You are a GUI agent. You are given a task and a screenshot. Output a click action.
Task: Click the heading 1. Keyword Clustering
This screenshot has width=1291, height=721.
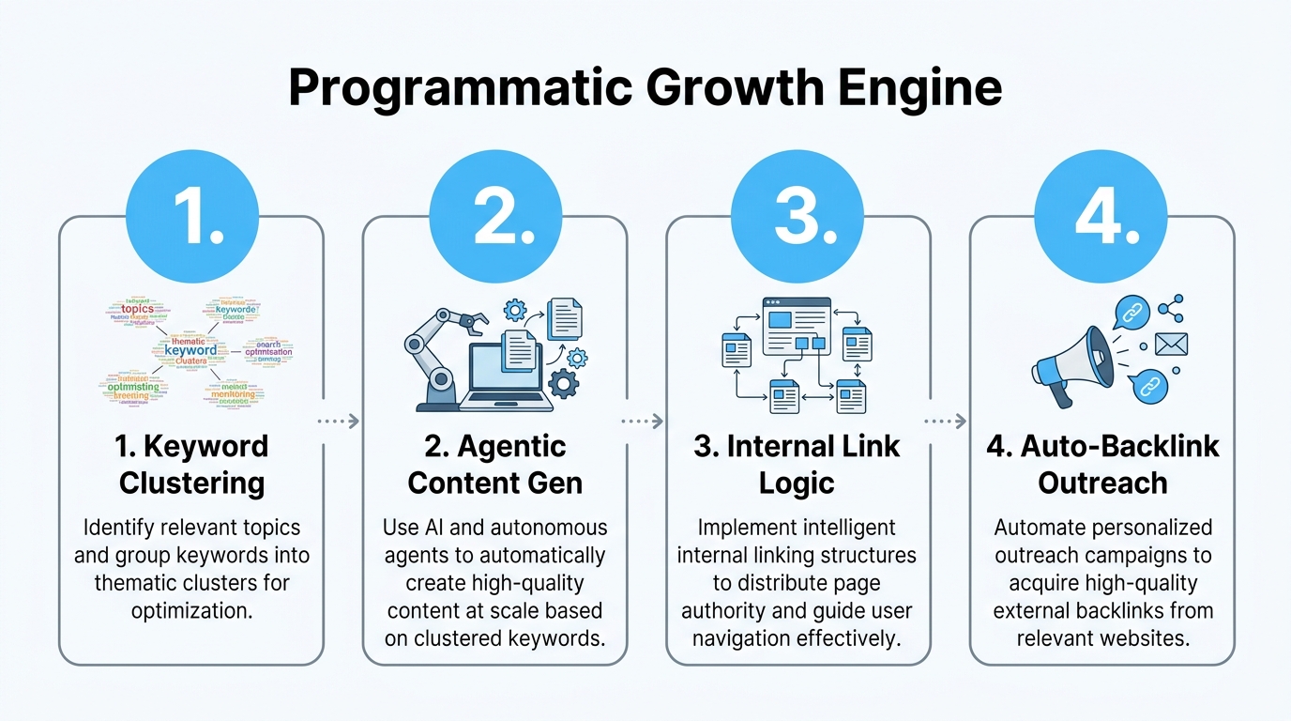pos(191,464)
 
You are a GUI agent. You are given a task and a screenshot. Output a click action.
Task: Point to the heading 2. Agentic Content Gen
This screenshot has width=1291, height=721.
pos(494,464)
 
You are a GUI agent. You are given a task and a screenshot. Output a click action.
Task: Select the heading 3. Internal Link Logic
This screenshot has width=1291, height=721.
pos(797,464)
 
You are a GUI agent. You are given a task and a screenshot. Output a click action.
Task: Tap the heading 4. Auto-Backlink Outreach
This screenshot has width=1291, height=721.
pos(1102,464)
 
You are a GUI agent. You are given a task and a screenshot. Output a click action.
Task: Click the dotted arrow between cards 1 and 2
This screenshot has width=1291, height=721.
pos(339,422)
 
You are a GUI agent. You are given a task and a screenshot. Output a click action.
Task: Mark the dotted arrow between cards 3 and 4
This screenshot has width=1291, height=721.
pos(947,422)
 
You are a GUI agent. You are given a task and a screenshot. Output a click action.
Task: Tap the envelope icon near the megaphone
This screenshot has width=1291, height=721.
pos(1171,345)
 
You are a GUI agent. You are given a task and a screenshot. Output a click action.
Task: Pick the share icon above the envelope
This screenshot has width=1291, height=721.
pos(1170,308)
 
